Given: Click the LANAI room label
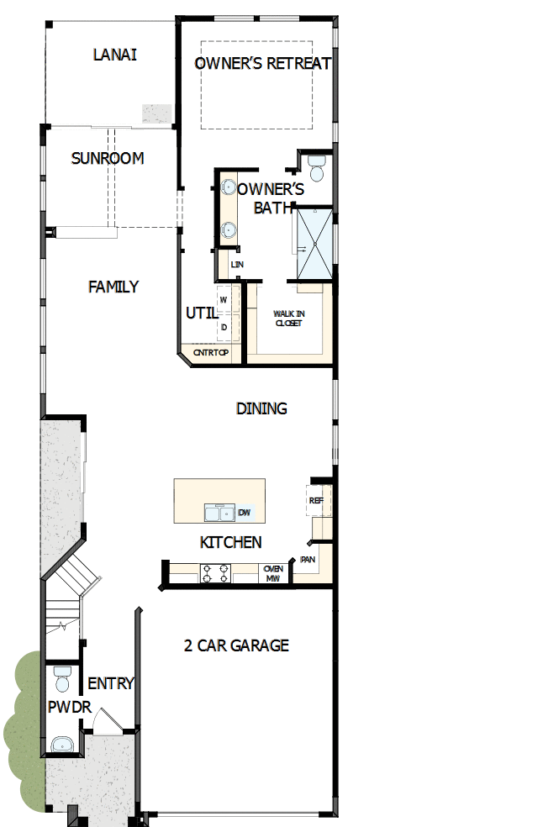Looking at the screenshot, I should pos(115,55).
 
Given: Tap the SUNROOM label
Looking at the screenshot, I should pos(107,158).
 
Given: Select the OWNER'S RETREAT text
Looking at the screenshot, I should pos(263,64).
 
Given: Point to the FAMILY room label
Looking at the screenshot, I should pos(113,287).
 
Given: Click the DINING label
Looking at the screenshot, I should pos(261,408).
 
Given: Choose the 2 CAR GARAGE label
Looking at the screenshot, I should pos(236,645).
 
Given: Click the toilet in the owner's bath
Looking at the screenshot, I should pos(317,167).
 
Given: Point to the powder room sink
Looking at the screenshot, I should pos(61,744).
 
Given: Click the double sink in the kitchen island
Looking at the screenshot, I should pos(220,513).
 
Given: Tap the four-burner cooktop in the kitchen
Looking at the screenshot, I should pos(215,573).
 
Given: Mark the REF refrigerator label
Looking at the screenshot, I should pos(316,501).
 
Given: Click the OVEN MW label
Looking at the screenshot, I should pos(272,573).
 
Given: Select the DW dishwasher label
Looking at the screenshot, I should pos(245,513).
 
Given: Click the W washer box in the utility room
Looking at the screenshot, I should pos(224,299).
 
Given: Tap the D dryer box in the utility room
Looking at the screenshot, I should pos(224,327).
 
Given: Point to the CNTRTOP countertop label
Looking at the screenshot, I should pos(210,353).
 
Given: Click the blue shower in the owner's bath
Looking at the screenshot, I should pos(313,244).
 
